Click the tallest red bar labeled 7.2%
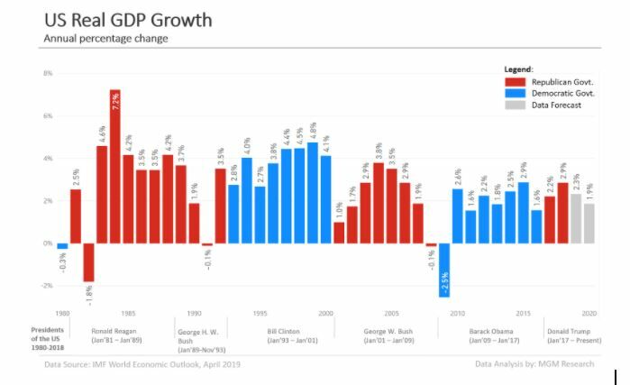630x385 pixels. (x=115, y=167)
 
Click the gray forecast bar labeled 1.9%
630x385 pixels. (x=589, y=224)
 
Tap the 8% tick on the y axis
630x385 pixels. (x=47, y=73)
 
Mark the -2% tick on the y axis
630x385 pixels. (x=47, y=286)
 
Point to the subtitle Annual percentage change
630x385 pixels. (x=105, y=39)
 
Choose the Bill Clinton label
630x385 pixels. (x=285, y=331)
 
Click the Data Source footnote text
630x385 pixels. (x=142, y=364)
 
